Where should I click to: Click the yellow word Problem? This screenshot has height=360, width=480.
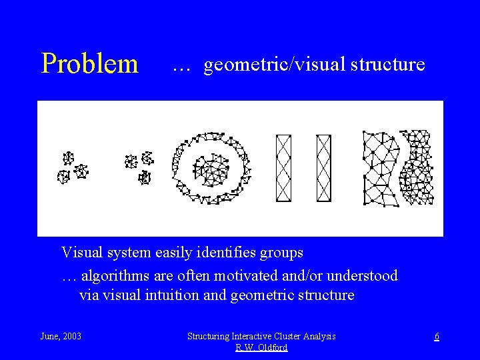click(89, 64)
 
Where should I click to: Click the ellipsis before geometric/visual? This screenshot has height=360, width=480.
click(181, 67)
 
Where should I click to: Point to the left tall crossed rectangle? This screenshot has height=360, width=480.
click(283, 167)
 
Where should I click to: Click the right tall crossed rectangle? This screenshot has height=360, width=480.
click(323, 167)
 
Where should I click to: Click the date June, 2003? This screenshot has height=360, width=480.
click(61, 337)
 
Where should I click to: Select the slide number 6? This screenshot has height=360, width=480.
click(437, 337)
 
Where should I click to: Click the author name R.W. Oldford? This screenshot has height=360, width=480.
click(261, 348)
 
